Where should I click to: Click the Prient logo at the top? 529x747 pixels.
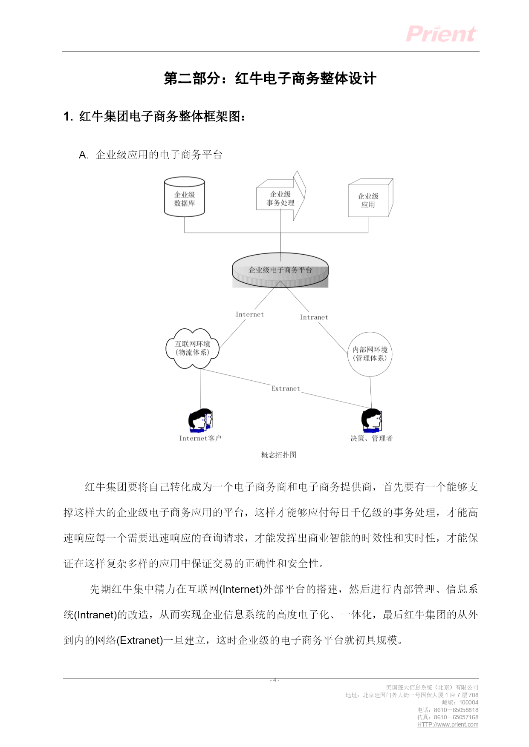[442, 34]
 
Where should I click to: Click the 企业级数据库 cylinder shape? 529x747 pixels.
[185, 197]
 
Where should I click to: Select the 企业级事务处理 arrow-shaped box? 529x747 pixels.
[281, 196]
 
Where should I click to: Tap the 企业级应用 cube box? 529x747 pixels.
[370, 198]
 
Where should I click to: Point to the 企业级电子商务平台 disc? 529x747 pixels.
[280, 270]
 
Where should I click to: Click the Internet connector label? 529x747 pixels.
[250, 314]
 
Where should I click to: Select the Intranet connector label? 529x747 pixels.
[314, 317]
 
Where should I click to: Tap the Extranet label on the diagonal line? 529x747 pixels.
[286, 388]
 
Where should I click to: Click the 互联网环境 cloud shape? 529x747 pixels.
[193, 348]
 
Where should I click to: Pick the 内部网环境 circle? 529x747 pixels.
[370, 354]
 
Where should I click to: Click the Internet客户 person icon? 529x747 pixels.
[200, 421]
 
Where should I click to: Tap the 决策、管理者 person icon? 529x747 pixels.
[372, 420]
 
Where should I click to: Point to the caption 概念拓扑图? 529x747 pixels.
[279, 455]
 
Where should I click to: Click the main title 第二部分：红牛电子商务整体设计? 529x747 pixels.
[270, 78]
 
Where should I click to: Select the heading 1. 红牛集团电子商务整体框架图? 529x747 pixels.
[154, 116]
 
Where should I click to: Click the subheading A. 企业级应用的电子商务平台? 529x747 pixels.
[151, 155]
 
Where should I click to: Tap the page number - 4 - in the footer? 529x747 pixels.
[275, 680]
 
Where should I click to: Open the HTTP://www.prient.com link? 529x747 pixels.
[448, 724]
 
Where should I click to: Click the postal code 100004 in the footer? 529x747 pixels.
[469, 702]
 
